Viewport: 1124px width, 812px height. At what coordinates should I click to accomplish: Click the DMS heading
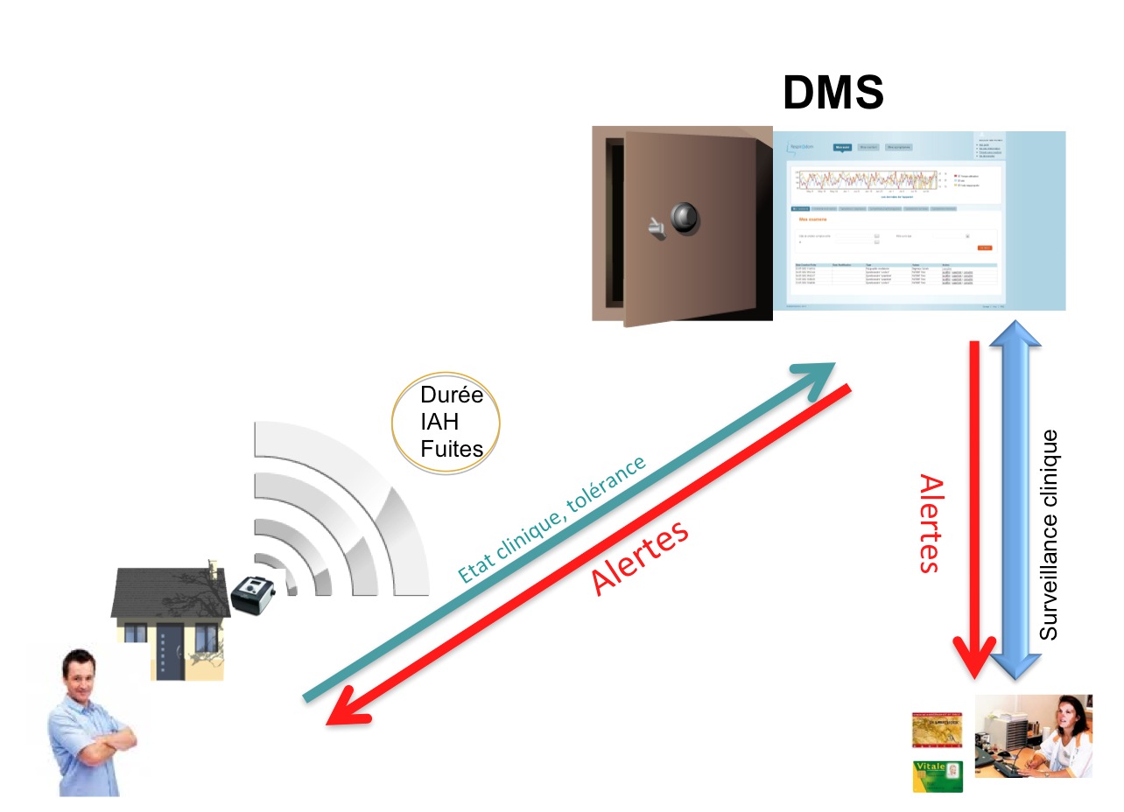832,92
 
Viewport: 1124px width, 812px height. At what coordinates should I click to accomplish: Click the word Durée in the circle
452,395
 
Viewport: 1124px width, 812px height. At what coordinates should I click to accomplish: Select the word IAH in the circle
439,422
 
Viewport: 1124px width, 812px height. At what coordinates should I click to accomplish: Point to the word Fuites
452,449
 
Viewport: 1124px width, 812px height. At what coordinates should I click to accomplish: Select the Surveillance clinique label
1049,534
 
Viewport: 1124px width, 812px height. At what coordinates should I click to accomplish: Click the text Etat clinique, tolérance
551,519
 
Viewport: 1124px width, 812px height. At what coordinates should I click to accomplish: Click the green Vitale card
938,776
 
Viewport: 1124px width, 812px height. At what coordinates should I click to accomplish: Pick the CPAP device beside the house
255,594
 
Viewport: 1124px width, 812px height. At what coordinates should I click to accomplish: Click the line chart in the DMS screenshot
867,179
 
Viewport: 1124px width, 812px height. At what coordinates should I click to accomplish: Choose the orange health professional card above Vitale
937,730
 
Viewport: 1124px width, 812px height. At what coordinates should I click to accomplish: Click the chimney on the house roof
211,570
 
